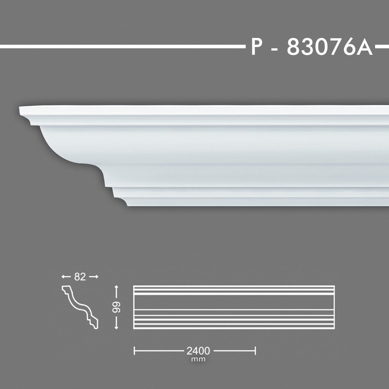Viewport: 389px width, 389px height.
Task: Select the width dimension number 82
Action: point(79,277)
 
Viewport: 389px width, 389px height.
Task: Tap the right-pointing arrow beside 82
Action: point(93,277)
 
